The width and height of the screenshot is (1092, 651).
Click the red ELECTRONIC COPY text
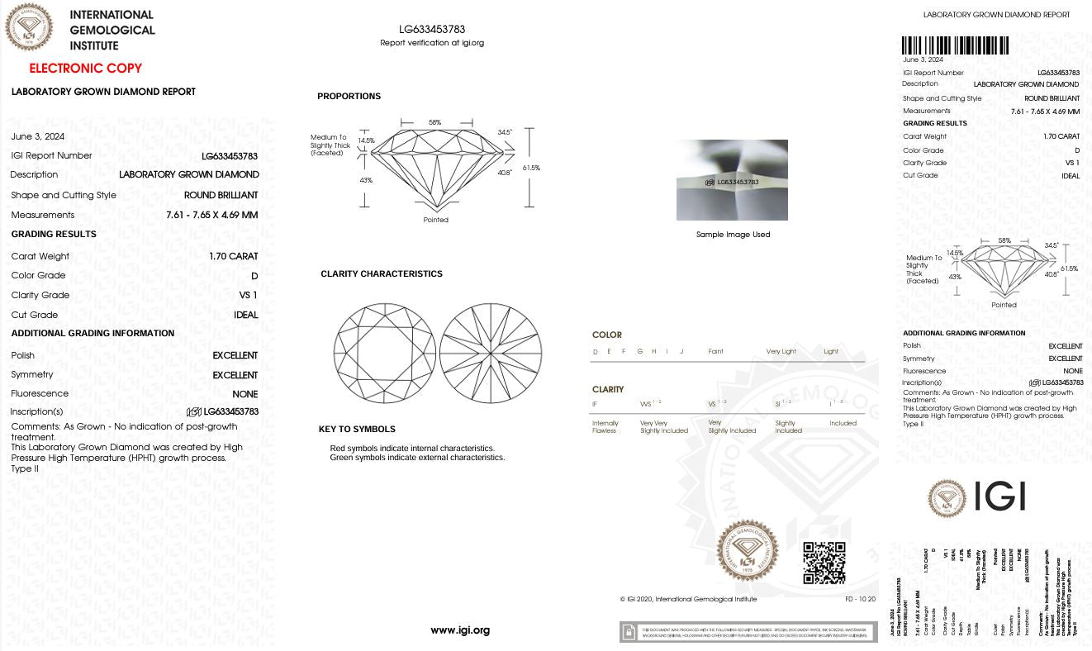pyautogui.click(x=85, y=69)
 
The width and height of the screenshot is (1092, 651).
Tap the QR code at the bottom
pyautogui.click(x=824, y=563)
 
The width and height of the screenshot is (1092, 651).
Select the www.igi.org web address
pyautogui.click(x=460, y=630)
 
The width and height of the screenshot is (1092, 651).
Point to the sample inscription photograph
pyautogui.click(x=732, y=180)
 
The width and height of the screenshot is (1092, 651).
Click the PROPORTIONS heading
pyautogui.click(x=349, y=97)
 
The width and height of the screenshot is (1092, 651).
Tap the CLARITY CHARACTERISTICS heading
pyautogui.click(x=382, y=274)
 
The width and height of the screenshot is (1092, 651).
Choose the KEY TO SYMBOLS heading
pyautogui.click(x=357, y=430)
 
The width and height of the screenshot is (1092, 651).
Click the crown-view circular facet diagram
pyautogui.click(x=384, y=355)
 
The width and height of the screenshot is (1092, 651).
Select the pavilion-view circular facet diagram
pyautogui.click(x=491, y=355)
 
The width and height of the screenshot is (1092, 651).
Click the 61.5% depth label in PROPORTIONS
pyautogui.click(x=531, y=168)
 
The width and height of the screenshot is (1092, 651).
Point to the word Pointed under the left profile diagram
pyautogui.click(x=435, y=220)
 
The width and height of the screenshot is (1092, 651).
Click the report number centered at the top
pyautogui.click(x=432, y=30)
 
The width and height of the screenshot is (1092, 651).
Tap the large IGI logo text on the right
pyautogui.click(x=1000, y=496)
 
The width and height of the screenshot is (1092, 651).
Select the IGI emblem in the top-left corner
pyautogui.click(x=29, y=27)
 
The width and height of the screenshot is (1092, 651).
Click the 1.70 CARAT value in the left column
pyautogui.click(x=234, y=256)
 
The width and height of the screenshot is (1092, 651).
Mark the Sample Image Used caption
pyautogui.click(x=733, y=235)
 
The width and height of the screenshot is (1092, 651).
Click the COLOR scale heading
pyautogui.click(x=607, y=335)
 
